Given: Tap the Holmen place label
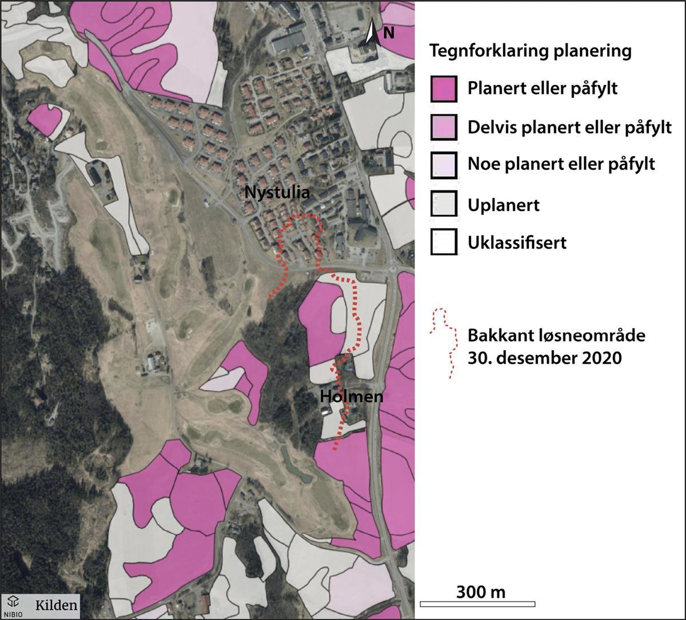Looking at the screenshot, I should [x=351, y=395].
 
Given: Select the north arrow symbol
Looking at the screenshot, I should [x=372, y=32].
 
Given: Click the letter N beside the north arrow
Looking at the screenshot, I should [x=388, y=34].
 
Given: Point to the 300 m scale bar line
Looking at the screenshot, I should [x=477, y=604].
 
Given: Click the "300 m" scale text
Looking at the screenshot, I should [x=481, y=591].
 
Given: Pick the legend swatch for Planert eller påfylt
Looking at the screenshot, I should [x=444, y=89].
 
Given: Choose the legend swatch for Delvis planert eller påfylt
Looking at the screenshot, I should [x=444, y=127].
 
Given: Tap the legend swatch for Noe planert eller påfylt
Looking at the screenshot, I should [x=444, y=165].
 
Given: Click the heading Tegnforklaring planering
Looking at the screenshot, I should [x=531, y=51].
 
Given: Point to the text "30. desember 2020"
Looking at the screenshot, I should [x=544, y=359].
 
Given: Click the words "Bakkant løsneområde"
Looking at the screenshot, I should [x=556, y=335].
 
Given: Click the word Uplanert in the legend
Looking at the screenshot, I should [x=503, y=204].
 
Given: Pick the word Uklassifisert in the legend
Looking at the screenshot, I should [x=517, y=242].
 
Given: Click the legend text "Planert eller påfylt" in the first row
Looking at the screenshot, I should [x=543, y=90].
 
